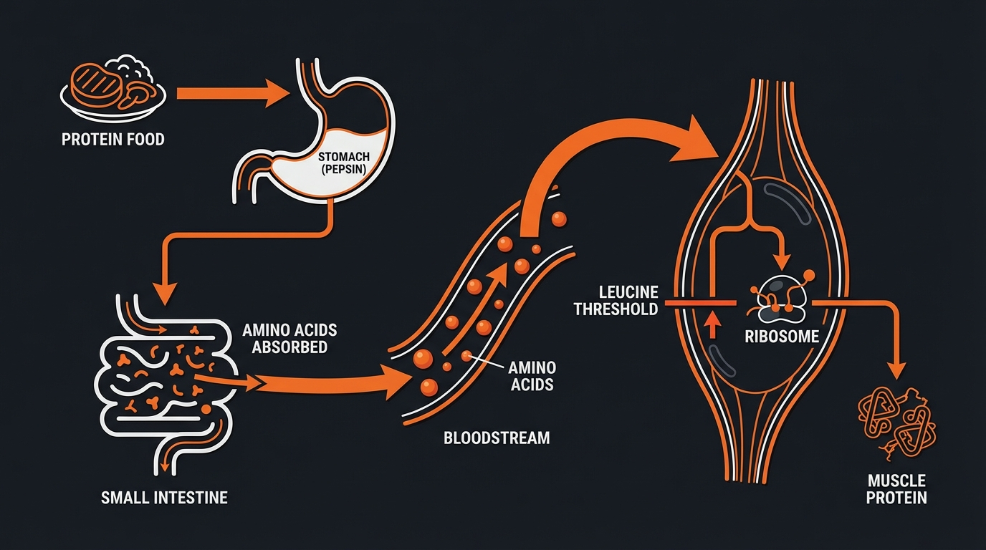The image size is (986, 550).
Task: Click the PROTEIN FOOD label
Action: coord(113,139)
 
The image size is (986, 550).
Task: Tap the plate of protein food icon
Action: coord(113,85)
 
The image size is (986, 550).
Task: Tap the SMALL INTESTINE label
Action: coord(164,496)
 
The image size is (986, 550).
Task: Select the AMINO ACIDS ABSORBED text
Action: coord(289,339)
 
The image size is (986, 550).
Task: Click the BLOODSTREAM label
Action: coord(496,437)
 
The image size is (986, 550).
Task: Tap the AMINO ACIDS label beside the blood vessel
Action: coord(531,376)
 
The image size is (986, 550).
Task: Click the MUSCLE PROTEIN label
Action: coord(896,489)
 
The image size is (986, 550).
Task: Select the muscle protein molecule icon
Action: coord(896,426)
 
